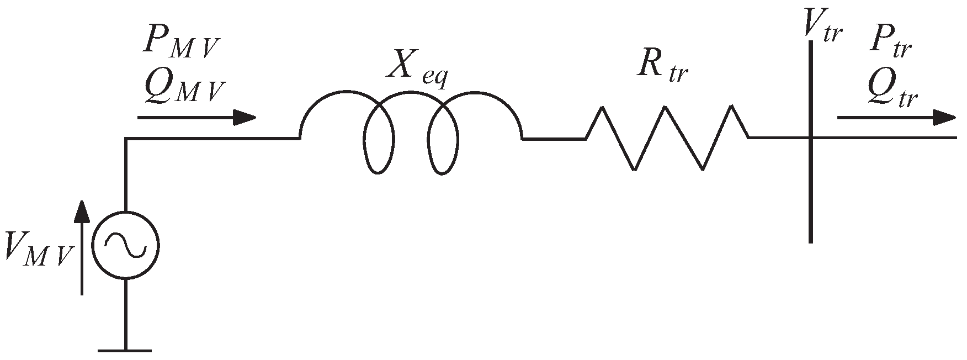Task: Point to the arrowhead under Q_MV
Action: click(x=244, y=118)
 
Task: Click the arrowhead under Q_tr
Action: click(x=943, y=118)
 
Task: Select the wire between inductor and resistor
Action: click(x=554, y=139)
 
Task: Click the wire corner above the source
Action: click(x=126, y=139)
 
